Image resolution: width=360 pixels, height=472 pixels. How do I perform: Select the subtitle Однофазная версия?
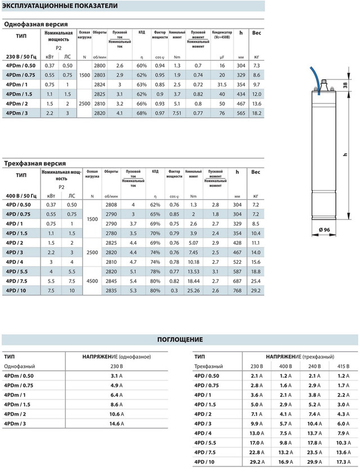36,24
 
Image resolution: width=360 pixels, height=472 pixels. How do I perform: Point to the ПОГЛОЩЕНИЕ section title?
179,340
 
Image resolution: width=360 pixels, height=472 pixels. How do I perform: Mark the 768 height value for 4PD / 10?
237,291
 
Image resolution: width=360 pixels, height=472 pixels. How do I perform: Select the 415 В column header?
343,367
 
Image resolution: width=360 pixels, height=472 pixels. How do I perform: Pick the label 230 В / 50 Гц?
20,57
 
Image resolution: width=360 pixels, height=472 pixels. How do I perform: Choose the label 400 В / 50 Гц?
20,196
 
